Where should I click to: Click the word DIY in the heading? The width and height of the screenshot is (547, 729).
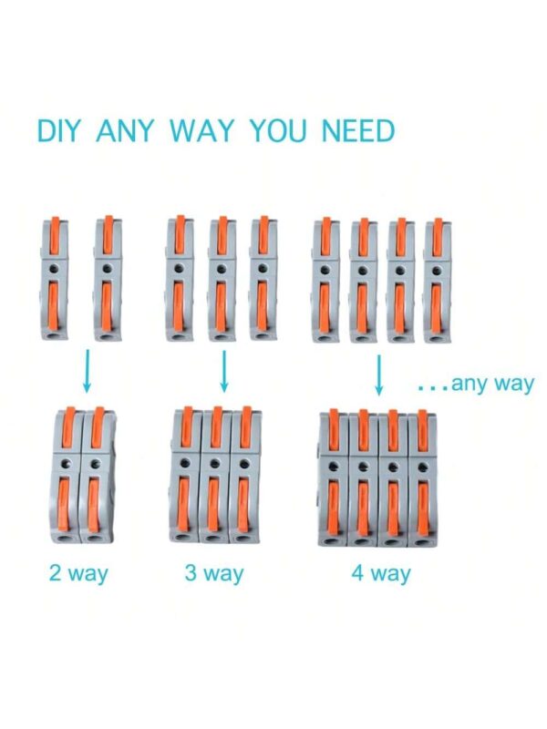58,130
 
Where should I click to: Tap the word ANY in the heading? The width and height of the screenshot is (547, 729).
124,130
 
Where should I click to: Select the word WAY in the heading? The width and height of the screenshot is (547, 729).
201,130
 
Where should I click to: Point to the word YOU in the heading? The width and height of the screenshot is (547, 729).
277,130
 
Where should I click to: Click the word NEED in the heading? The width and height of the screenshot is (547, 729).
358,130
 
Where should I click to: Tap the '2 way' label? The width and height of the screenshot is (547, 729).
78,574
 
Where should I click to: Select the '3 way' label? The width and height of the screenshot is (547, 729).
214,574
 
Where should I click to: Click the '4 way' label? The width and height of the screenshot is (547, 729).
381,574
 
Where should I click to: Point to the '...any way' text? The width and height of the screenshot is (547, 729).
475,385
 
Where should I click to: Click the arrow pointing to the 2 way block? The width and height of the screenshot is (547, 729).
87,371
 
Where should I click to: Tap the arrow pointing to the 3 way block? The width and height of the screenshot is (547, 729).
224,371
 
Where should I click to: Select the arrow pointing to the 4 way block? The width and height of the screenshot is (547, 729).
379,375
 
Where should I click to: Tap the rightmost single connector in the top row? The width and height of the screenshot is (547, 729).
437,281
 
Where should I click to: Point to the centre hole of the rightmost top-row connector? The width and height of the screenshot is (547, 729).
437,270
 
